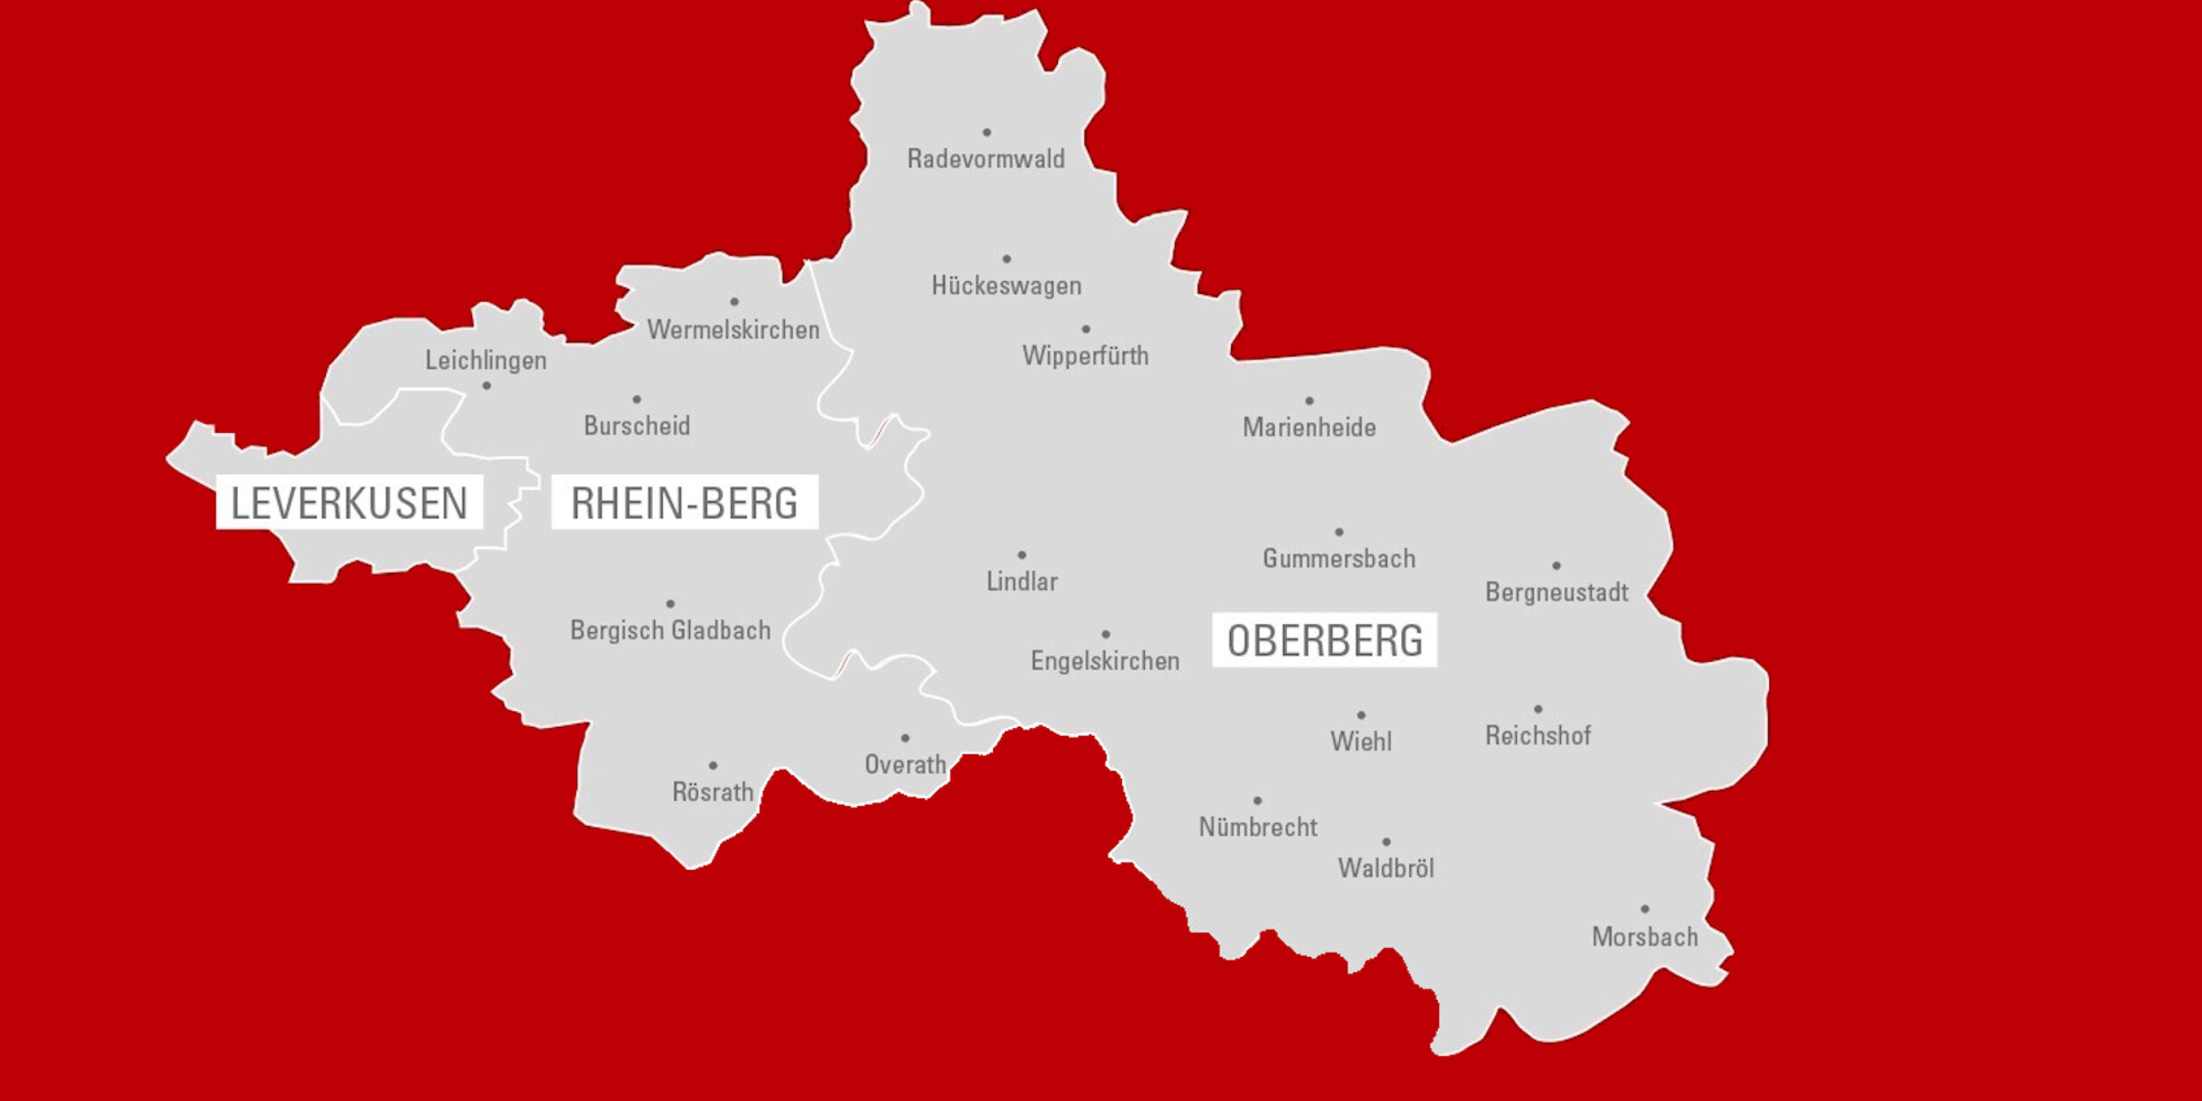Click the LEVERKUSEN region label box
tap(349, 502)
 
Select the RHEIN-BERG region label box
tap(684, 502)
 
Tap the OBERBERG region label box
tap(1324, 640)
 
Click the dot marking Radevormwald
tap(987, 133)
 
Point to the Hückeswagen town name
tap(1006, 285)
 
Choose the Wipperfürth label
tap(1085, 356)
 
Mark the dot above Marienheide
tap(1309, 401)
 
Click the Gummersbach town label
tap(1339, 558)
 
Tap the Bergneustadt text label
tap(1557, 593)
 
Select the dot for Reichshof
tap(1538, 709)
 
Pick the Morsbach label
tap(1644, 937)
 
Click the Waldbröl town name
tap(1385, 868)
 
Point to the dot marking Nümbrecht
tap(1257, 801)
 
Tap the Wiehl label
tap(1361, 742)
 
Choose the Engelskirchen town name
tap(1105, 661)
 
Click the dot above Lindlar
tap(1022, 555)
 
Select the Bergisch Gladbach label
tap(671, 630)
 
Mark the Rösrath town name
tap(713, 792)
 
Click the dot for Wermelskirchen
tap(734, 302)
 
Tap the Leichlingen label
tap(486, 360)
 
